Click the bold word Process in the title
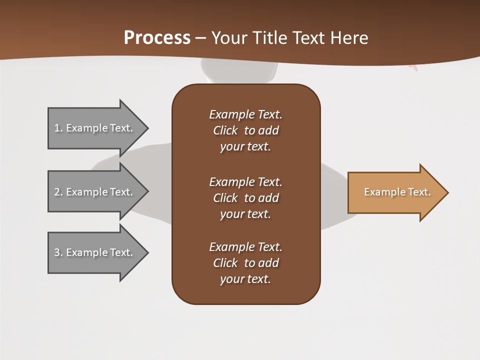157,38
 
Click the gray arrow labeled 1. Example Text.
95,128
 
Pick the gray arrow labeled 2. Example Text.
95,192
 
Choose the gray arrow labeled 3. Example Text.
95,252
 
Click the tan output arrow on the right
395,192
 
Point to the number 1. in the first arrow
58,128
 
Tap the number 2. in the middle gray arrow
58,192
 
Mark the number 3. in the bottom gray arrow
58,252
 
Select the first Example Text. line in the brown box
245,114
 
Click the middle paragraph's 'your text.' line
245,214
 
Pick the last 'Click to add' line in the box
245,263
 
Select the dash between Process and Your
201,38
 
